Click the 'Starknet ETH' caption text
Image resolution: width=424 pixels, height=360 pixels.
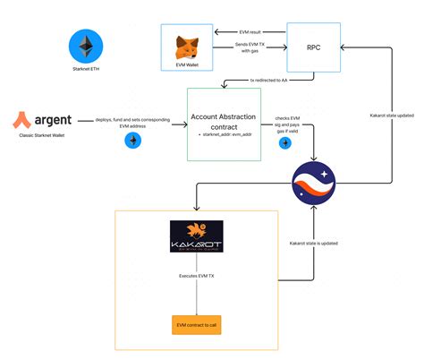tap(86, 79)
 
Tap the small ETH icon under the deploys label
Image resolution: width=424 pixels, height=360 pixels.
tap(131, 141)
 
